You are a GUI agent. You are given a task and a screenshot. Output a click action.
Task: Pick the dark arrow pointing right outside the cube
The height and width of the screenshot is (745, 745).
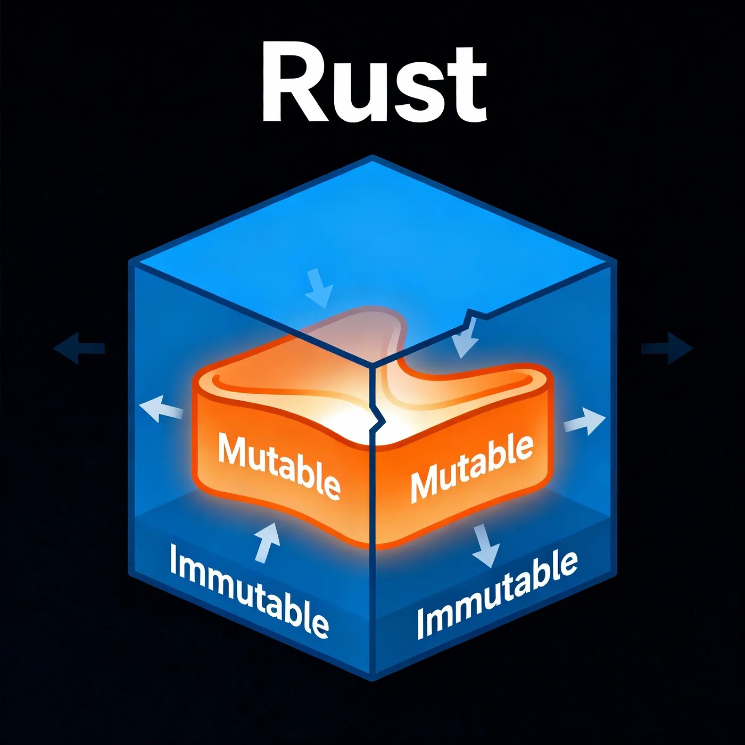pyautogui.click(x=668, y=349)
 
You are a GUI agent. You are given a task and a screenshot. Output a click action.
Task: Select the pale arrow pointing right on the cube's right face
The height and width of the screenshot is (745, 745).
pyautogui.click(x=584, y=421)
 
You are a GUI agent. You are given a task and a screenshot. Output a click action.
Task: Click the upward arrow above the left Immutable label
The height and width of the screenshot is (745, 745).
pyautogui.click(x=267, y=542)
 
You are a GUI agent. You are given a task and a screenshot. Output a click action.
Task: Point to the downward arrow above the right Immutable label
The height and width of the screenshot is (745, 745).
pyautogui.click(x=485, y=545)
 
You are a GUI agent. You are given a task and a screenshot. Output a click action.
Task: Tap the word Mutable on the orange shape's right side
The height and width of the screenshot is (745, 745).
pyautogui.click(x=471, y=467)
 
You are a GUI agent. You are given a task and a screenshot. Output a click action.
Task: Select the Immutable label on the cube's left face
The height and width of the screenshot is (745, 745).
pyautogui.click(x=249, y=591)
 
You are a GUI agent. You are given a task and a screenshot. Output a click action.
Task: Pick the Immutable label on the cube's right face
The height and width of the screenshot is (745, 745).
pyautogui.click(x=497, y=595)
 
